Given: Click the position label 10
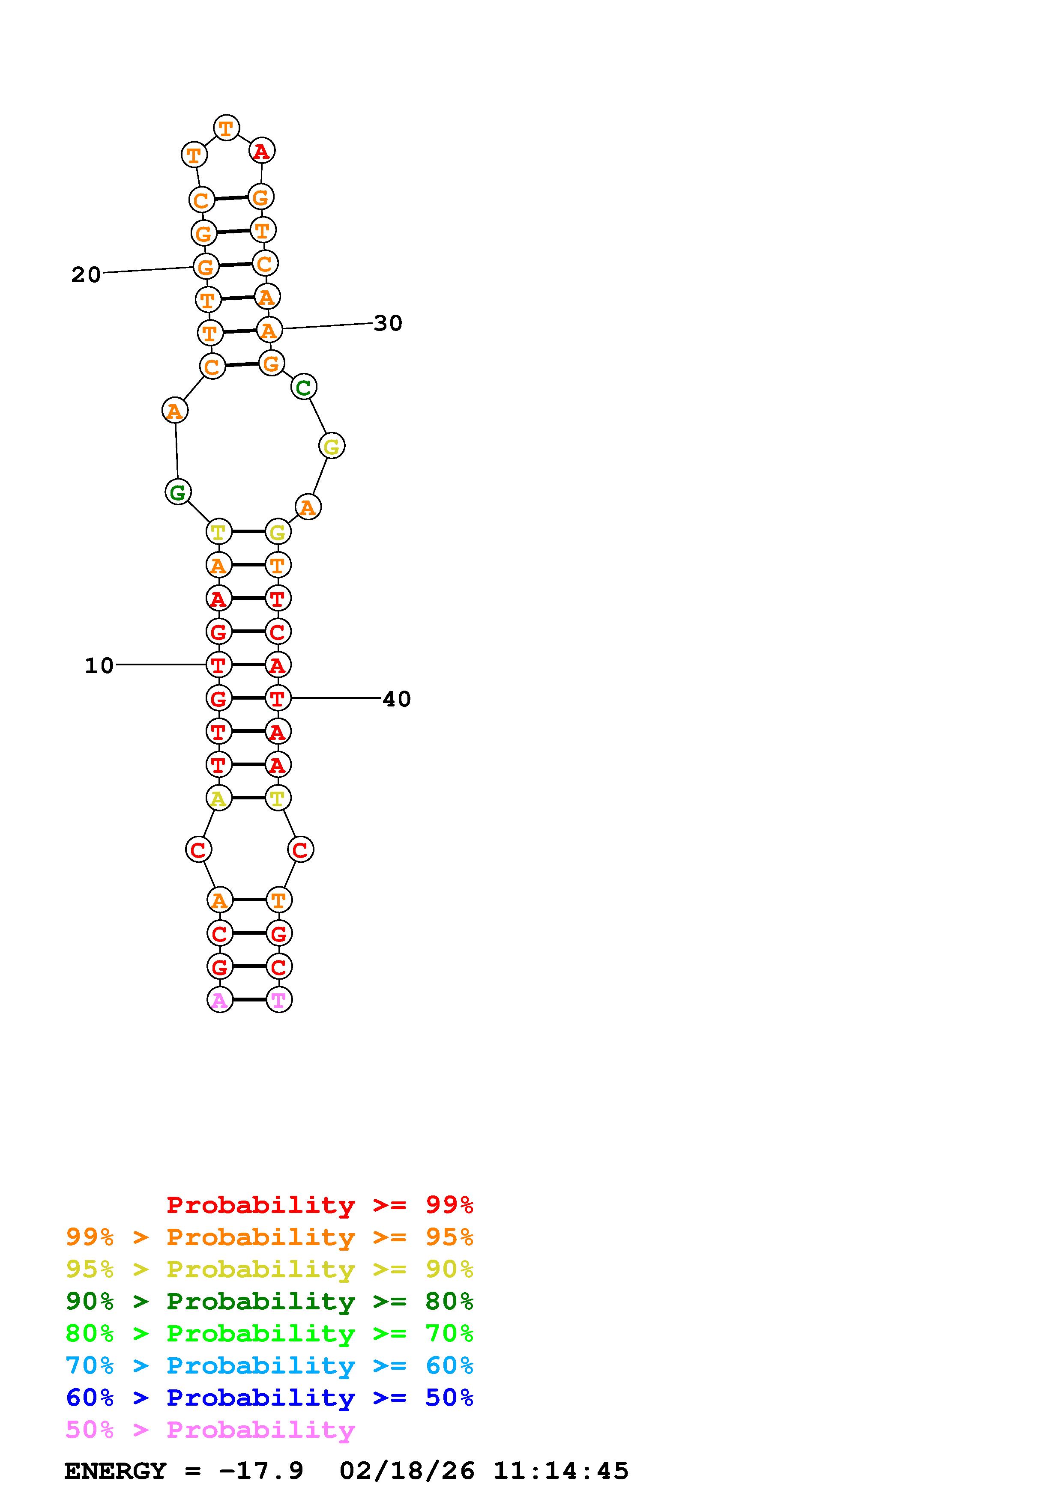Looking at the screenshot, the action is [x=99, y=665].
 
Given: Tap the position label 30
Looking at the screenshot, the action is [x=388, y=323].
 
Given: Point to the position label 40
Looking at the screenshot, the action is [x=397, y=699].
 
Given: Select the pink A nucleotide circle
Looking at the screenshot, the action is [x=220, y=1000].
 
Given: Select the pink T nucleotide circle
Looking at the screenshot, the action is [x=279, y=1000].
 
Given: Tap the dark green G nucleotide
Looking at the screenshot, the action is [x=178, y=492].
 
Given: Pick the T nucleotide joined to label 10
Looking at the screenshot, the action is [x=218, y=665].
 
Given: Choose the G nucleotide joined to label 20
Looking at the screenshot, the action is [x=206, y=266].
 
